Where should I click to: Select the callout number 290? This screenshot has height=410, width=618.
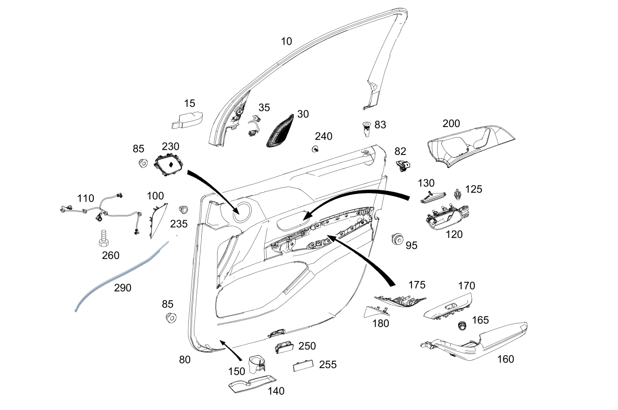tap(123, 288)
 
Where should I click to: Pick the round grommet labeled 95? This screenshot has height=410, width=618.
tap(398, 239)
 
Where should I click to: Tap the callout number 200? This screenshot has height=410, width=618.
tap(451, 124)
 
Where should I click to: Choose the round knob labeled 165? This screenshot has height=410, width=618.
tap(462, 325)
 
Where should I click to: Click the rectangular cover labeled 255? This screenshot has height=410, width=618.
tap(302, 366)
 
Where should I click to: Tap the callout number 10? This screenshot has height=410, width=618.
tap(286, 41)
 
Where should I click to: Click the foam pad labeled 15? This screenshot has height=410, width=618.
tap(187, 120)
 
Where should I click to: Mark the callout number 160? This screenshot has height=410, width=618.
tap(506, 359)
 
